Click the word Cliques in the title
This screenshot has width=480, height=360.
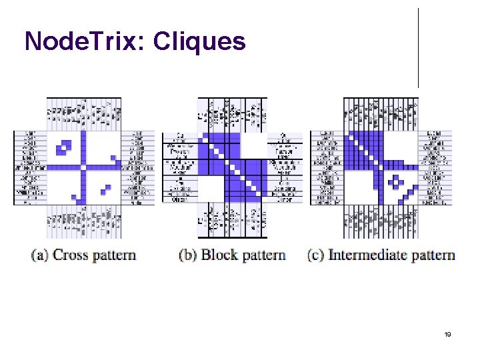199,42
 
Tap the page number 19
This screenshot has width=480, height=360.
448,334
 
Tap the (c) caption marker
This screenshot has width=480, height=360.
317,255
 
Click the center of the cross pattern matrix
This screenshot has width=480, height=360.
84,167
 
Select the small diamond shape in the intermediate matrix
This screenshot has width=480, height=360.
397,181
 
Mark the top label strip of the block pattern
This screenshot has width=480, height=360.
232,115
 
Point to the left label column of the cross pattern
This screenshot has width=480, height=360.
30,167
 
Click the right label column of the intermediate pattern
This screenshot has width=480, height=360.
435,167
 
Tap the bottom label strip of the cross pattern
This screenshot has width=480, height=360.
84,221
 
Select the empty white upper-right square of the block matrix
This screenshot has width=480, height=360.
253,146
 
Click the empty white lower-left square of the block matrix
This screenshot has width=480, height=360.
210,189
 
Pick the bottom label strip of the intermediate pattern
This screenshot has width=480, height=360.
381,221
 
